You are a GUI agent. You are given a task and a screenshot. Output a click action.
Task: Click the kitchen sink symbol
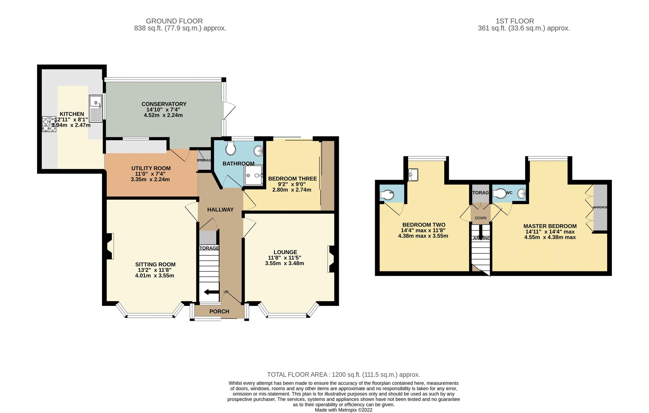tap(96, 108)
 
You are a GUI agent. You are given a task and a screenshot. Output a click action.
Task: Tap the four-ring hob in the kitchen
tap(49, 124)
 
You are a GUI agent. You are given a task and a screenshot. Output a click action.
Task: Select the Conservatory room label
tap(164, 104)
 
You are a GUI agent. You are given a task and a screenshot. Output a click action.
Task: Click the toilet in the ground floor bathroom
tap(230, 148)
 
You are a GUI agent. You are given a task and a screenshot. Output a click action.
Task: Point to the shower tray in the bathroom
tap(253, 175)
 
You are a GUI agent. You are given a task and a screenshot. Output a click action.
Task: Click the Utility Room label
tap(151, 168)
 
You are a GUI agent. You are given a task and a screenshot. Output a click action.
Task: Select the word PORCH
tap(219, 311)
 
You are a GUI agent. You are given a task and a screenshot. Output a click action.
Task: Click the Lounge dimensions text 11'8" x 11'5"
tap(284, 258)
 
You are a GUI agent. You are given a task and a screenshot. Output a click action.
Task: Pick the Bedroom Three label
tap(292, 179)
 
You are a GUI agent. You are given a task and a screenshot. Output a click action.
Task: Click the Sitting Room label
tap(155, 264)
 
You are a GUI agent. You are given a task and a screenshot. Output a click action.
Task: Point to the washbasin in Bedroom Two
tap(413, 174)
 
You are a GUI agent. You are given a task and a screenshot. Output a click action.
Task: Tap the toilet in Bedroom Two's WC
tap(387, 195)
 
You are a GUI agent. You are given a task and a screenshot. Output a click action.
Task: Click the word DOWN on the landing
tap(481, 218)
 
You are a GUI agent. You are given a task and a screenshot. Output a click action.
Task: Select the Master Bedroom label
tap(550, 226)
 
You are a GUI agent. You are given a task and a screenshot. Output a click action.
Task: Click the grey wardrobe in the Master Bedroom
tap(600, 208)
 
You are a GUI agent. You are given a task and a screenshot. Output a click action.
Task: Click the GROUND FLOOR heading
tap(174, 21)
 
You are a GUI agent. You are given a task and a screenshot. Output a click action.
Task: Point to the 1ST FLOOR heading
tap(515, 21)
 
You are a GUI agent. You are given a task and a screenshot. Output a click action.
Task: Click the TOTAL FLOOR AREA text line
tap(343, 375)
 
